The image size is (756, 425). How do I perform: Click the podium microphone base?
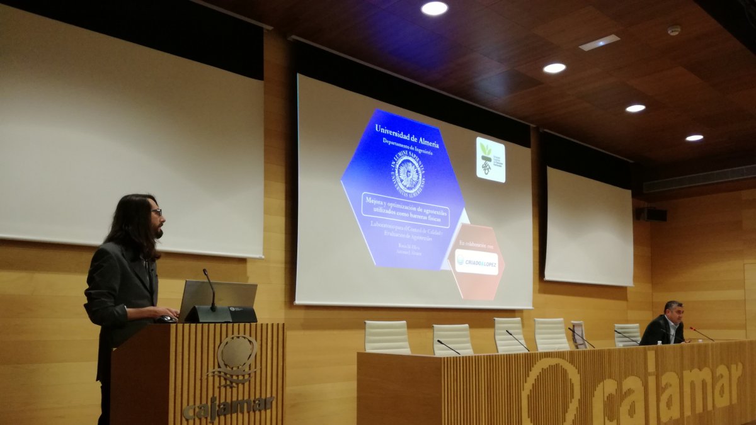(x=209, y=314)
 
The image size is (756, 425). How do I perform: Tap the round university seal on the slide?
(x=409, y=173)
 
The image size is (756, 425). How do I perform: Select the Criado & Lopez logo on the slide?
(x=476, y=263)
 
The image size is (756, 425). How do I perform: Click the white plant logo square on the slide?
(x=490, y=160)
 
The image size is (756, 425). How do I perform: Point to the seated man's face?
(x=672, y=313)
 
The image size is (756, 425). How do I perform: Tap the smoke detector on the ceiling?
(x=673, y=30)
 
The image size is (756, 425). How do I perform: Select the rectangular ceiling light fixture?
(x=599, y=42)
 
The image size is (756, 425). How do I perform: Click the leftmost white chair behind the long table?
(x=387, y=337)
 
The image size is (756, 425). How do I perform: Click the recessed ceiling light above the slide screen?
(x=434, y=8)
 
